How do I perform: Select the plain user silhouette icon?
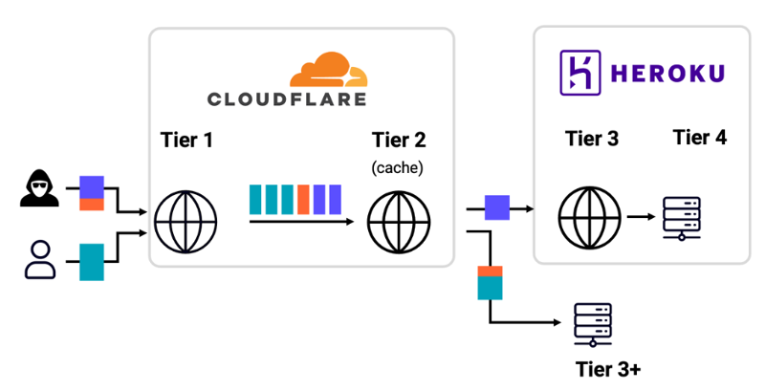tap(40, 261)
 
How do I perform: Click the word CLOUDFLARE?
tap(287, 98)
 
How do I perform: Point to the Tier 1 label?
tap(186, 141)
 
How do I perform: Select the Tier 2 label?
tap(399, 141)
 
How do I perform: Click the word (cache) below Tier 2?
tap(399, 168)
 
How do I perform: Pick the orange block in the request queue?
tap(302, 199)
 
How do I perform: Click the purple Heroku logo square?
tap(577, 72)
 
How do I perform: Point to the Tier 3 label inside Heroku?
tap(592, 139)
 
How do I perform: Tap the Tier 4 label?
tap(699, 138)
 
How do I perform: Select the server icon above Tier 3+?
tap(591, 324)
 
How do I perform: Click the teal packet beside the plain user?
tap(91, 261)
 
